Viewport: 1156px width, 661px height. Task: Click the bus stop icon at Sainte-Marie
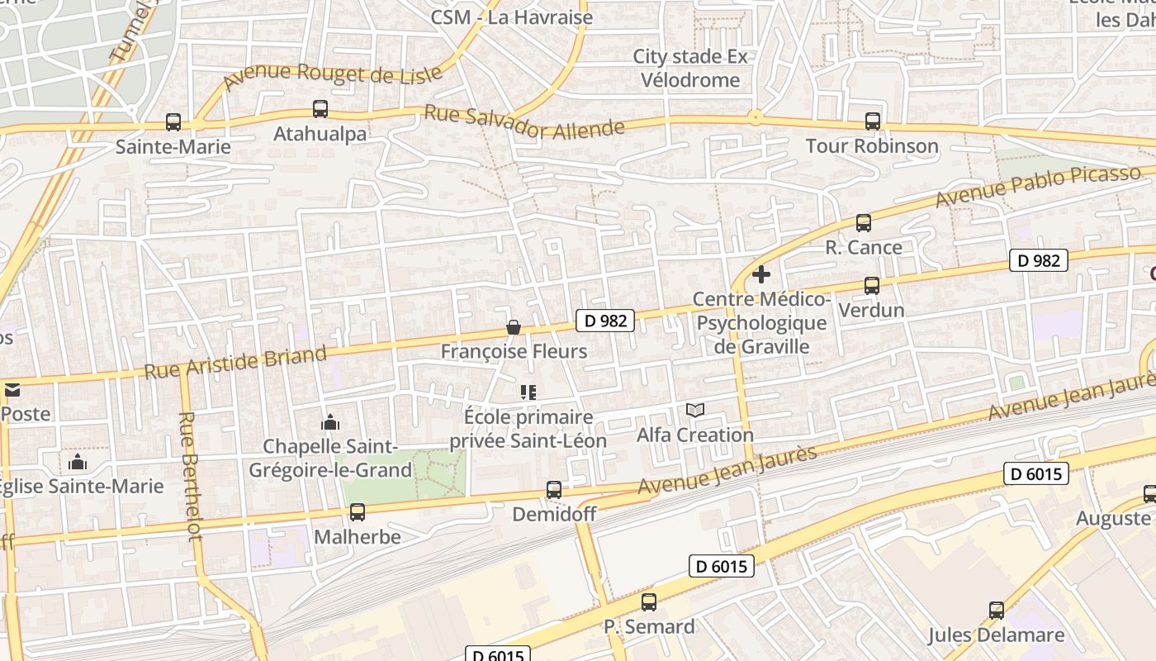click(x=173, y=122)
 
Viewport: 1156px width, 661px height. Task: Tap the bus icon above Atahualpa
click(x=320, y=108)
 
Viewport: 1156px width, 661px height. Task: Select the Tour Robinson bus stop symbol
click(x=873, y=121)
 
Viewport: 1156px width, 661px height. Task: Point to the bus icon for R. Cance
click(x=863, y=222)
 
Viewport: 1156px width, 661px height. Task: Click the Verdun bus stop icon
click(x=871, y=286)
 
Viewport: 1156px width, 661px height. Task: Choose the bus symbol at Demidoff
click(x=554, y=490)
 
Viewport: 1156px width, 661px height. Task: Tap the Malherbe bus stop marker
click(x=358, y=512)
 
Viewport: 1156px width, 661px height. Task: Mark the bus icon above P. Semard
click(x=649, y=602)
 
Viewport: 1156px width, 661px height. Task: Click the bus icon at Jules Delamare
click(x=997, y=611)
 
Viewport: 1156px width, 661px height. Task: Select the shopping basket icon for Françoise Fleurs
click(x=514, y=328)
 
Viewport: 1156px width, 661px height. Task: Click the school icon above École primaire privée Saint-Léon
click(x=528, y=392)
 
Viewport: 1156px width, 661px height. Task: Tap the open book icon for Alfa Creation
click(x=695, y=410)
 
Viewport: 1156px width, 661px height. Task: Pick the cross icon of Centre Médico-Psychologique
click(x=761, y=274)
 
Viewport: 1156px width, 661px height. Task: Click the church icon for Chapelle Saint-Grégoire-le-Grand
click(x=330, y=422)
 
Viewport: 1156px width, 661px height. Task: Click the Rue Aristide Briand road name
click(x=236, y=364)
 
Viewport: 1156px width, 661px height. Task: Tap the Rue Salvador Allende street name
click(x=524, y=121)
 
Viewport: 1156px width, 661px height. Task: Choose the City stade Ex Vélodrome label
click(x=690, y=69)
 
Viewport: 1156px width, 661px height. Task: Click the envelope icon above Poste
click(x=12, y=390)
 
